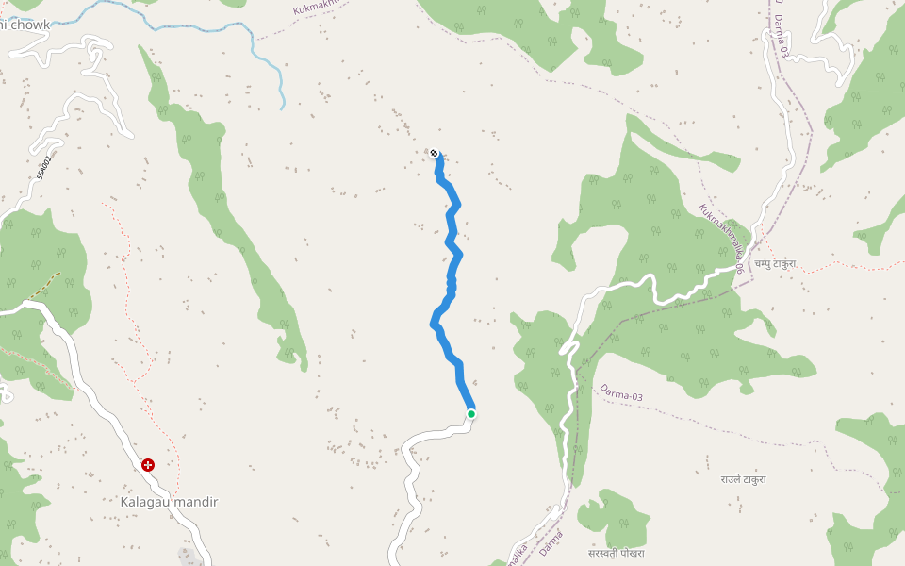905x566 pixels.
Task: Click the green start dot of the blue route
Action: (471, 413)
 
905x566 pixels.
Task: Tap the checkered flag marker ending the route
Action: (434, 153)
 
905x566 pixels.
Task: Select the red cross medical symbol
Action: (148, 465)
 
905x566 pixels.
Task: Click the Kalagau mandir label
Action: (169, 502)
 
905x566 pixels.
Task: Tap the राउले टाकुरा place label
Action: (743, 479)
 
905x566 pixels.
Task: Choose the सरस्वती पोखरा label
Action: (616, 553)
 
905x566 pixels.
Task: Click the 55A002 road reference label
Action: (43, 168)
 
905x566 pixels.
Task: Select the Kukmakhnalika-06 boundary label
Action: (723, 239)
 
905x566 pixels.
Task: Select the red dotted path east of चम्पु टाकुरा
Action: (848, 264)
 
